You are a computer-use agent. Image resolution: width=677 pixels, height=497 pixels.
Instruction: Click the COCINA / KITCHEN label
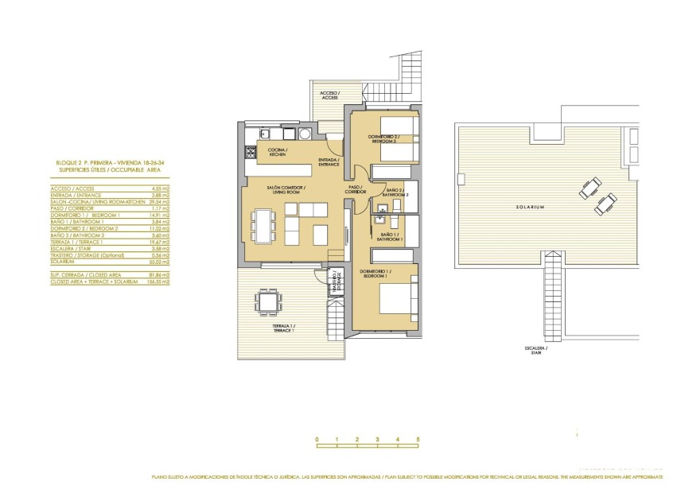[277, 152]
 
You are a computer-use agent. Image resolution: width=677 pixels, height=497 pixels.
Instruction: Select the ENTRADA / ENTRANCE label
[329, 162]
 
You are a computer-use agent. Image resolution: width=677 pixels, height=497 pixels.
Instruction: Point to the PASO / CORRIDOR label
[356, 190]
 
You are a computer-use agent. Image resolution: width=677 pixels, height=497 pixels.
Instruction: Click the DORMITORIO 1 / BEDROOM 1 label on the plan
[374, 274]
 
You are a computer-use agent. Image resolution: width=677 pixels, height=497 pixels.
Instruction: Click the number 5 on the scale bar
[417, 439]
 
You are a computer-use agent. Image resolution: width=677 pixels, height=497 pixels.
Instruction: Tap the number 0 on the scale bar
[317, 439]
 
